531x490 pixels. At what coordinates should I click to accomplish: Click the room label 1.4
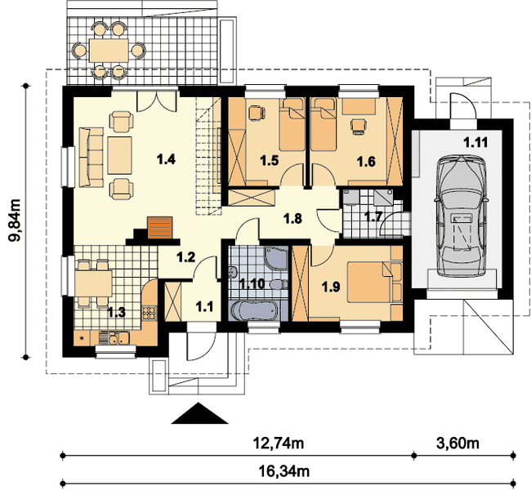pos(167,158)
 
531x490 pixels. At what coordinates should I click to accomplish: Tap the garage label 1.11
pos(475,143)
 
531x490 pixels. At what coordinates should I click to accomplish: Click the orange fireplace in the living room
pos(159,228)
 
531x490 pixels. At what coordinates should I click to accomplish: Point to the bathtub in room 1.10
pos(254,310)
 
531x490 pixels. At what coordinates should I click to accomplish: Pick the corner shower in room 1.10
pos(276,258)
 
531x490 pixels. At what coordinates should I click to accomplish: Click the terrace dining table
pos(109,51)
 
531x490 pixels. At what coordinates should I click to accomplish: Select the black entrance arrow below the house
pos(199,413)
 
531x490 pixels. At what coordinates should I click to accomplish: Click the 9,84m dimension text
pos(16,220)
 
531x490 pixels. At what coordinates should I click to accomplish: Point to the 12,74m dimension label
pos(279,443)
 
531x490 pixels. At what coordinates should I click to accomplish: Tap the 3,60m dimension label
pos(457,443)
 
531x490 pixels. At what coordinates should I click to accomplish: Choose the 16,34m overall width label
pos(283,470)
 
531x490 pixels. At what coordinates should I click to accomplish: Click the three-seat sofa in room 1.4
pos(91,157)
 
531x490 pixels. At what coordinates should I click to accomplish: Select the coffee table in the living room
pos(119,155)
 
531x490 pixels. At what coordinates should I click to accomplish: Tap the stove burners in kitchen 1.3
pos(149,313)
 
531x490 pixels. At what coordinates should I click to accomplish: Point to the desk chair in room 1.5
pos(256,113)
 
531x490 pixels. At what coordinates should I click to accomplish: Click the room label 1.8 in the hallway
pos(292,219)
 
